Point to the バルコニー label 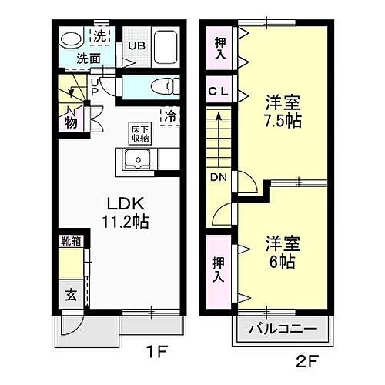[x=283, y=330]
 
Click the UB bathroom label [x=136, y=45]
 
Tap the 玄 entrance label [x=71, y=293]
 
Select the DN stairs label [x=219, y=178]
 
